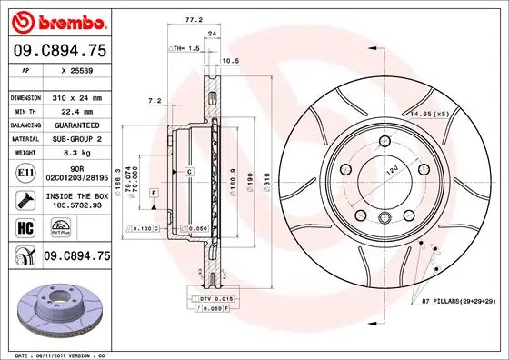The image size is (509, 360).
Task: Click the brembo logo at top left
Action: (56, 20)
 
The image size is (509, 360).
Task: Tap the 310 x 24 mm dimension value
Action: (75, 96)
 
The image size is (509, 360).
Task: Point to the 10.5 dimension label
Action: (231, 61)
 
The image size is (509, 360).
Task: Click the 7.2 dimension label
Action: (155, 101)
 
